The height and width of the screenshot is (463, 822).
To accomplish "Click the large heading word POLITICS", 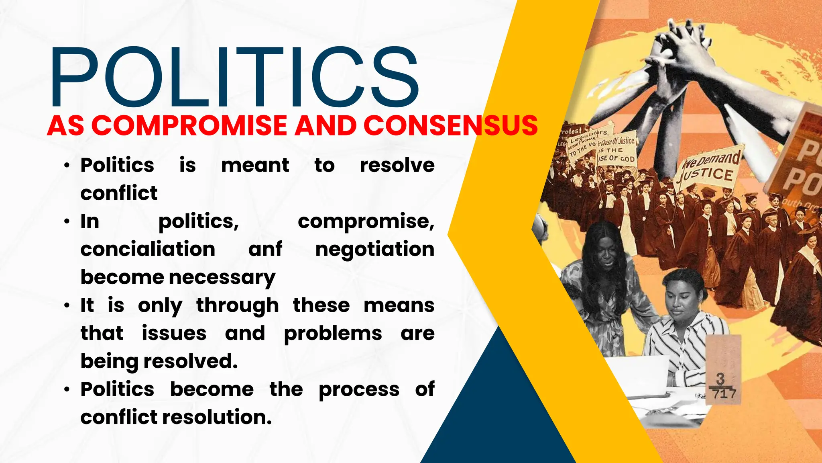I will click(235, 77).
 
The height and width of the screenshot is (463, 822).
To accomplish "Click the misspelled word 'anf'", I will click(265, 249).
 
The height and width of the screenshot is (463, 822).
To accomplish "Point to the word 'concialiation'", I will click(148, 249).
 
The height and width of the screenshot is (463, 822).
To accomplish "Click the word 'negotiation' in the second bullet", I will click(374, 249).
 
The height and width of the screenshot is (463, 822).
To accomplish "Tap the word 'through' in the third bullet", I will click(238, 305).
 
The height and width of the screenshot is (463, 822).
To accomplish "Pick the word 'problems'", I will click(333, 334).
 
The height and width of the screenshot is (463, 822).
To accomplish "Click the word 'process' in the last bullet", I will click(359, 389).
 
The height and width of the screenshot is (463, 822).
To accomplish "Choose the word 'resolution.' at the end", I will click(217, 417).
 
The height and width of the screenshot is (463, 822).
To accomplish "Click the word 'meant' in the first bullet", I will click(255, 165).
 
